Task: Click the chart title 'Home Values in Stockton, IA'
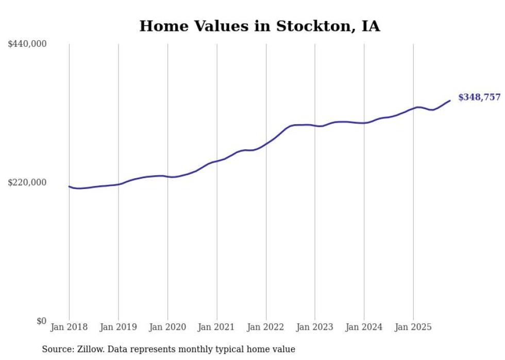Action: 260,26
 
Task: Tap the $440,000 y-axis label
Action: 27,44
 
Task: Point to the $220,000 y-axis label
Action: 27,182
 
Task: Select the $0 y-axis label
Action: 41,321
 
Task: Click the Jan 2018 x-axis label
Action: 69,327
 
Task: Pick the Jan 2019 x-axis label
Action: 118,327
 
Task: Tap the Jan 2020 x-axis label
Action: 167,327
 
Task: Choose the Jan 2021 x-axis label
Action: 216,327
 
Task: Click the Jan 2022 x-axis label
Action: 266,327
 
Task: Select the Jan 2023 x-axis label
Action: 315,327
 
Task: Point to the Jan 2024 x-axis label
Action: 364,327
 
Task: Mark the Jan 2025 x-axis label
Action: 413,327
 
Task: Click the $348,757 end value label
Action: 479,97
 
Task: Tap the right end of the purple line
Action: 450,100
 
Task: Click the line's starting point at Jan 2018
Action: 69,186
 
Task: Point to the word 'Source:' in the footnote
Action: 57,349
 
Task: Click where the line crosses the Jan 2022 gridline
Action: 266,143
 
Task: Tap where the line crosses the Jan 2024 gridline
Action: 364,123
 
